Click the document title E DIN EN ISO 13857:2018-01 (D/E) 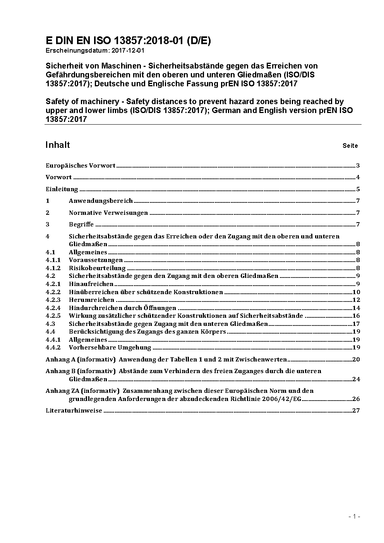pos(128,41)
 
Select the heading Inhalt pos(58,145)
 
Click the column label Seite pos(350,146)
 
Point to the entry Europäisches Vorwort pos(81,166)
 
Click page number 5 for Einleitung pos(358,189)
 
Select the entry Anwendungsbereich pos(101,201)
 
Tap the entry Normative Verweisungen pos(108,213)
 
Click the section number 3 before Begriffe pos(48,224)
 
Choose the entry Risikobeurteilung pos(97,268)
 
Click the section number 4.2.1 pos(53,284)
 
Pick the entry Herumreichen pos(91,300)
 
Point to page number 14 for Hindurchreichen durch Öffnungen pos(356,308)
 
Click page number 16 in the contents pos(356,316)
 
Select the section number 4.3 pos(50,324)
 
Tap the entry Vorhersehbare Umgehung pos(110,348)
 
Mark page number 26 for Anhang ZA pos(356,399)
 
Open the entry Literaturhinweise pos(74,411)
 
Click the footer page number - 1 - pos(355,517)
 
